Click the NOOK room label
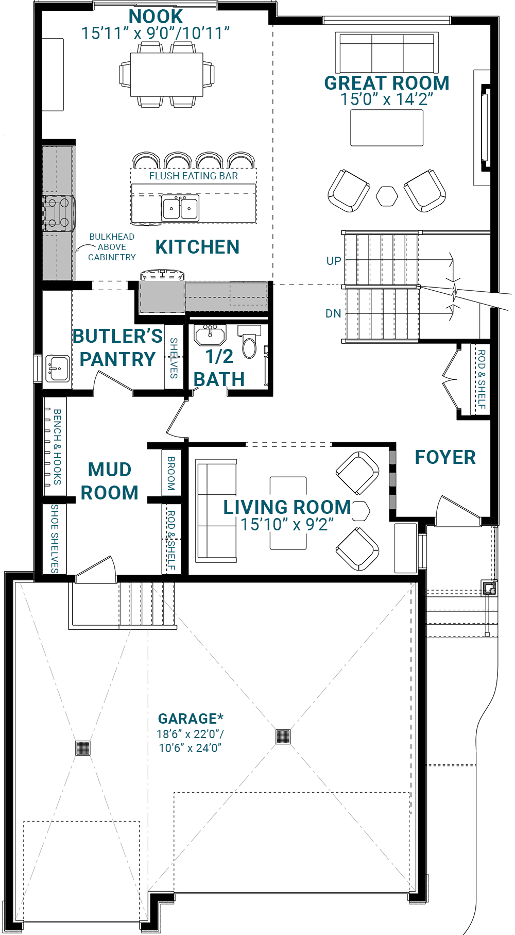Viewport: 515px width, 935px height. tap(156, 16)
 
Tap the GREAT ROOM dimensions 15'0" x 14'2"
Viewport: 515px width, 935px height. tap(387, 99)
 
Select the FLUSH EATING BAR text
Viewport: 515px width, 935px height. tap(194, 176)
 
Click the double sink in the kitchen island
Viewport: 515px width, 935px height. tap(180, 208)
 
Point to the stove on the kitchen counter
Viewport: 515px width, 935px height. tap(58, 212)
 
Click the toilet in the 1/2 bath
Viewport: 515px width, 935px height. tap(249, 341)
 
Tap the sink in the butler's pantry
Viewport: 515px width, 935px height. tap(58, 369)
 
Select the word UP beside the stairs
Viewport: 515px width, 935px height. tap(334, 261)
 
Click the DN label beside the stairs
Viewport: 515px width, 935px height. tap(333, 313)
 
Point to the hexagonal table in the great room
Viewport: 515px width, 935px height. tap(387, 196)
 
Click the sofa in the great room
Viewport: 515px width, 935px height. tap(387, 52)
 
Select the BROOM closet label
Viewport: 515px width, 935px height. tap(171, 473)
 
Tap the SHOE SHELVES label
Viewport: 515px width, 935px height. tap(55, 539)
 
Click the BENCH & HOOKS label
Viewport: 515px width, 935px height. tap(57, 447)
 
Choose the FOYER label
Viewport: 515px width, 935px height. tap(445, 457)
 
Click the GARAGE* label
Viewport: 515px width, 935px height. tap(191, 719)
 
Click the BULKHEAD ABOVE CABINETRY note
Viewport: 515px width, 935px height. tap(112, 247)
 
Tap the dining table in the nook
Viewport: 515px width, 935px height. tap(166, 74)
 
